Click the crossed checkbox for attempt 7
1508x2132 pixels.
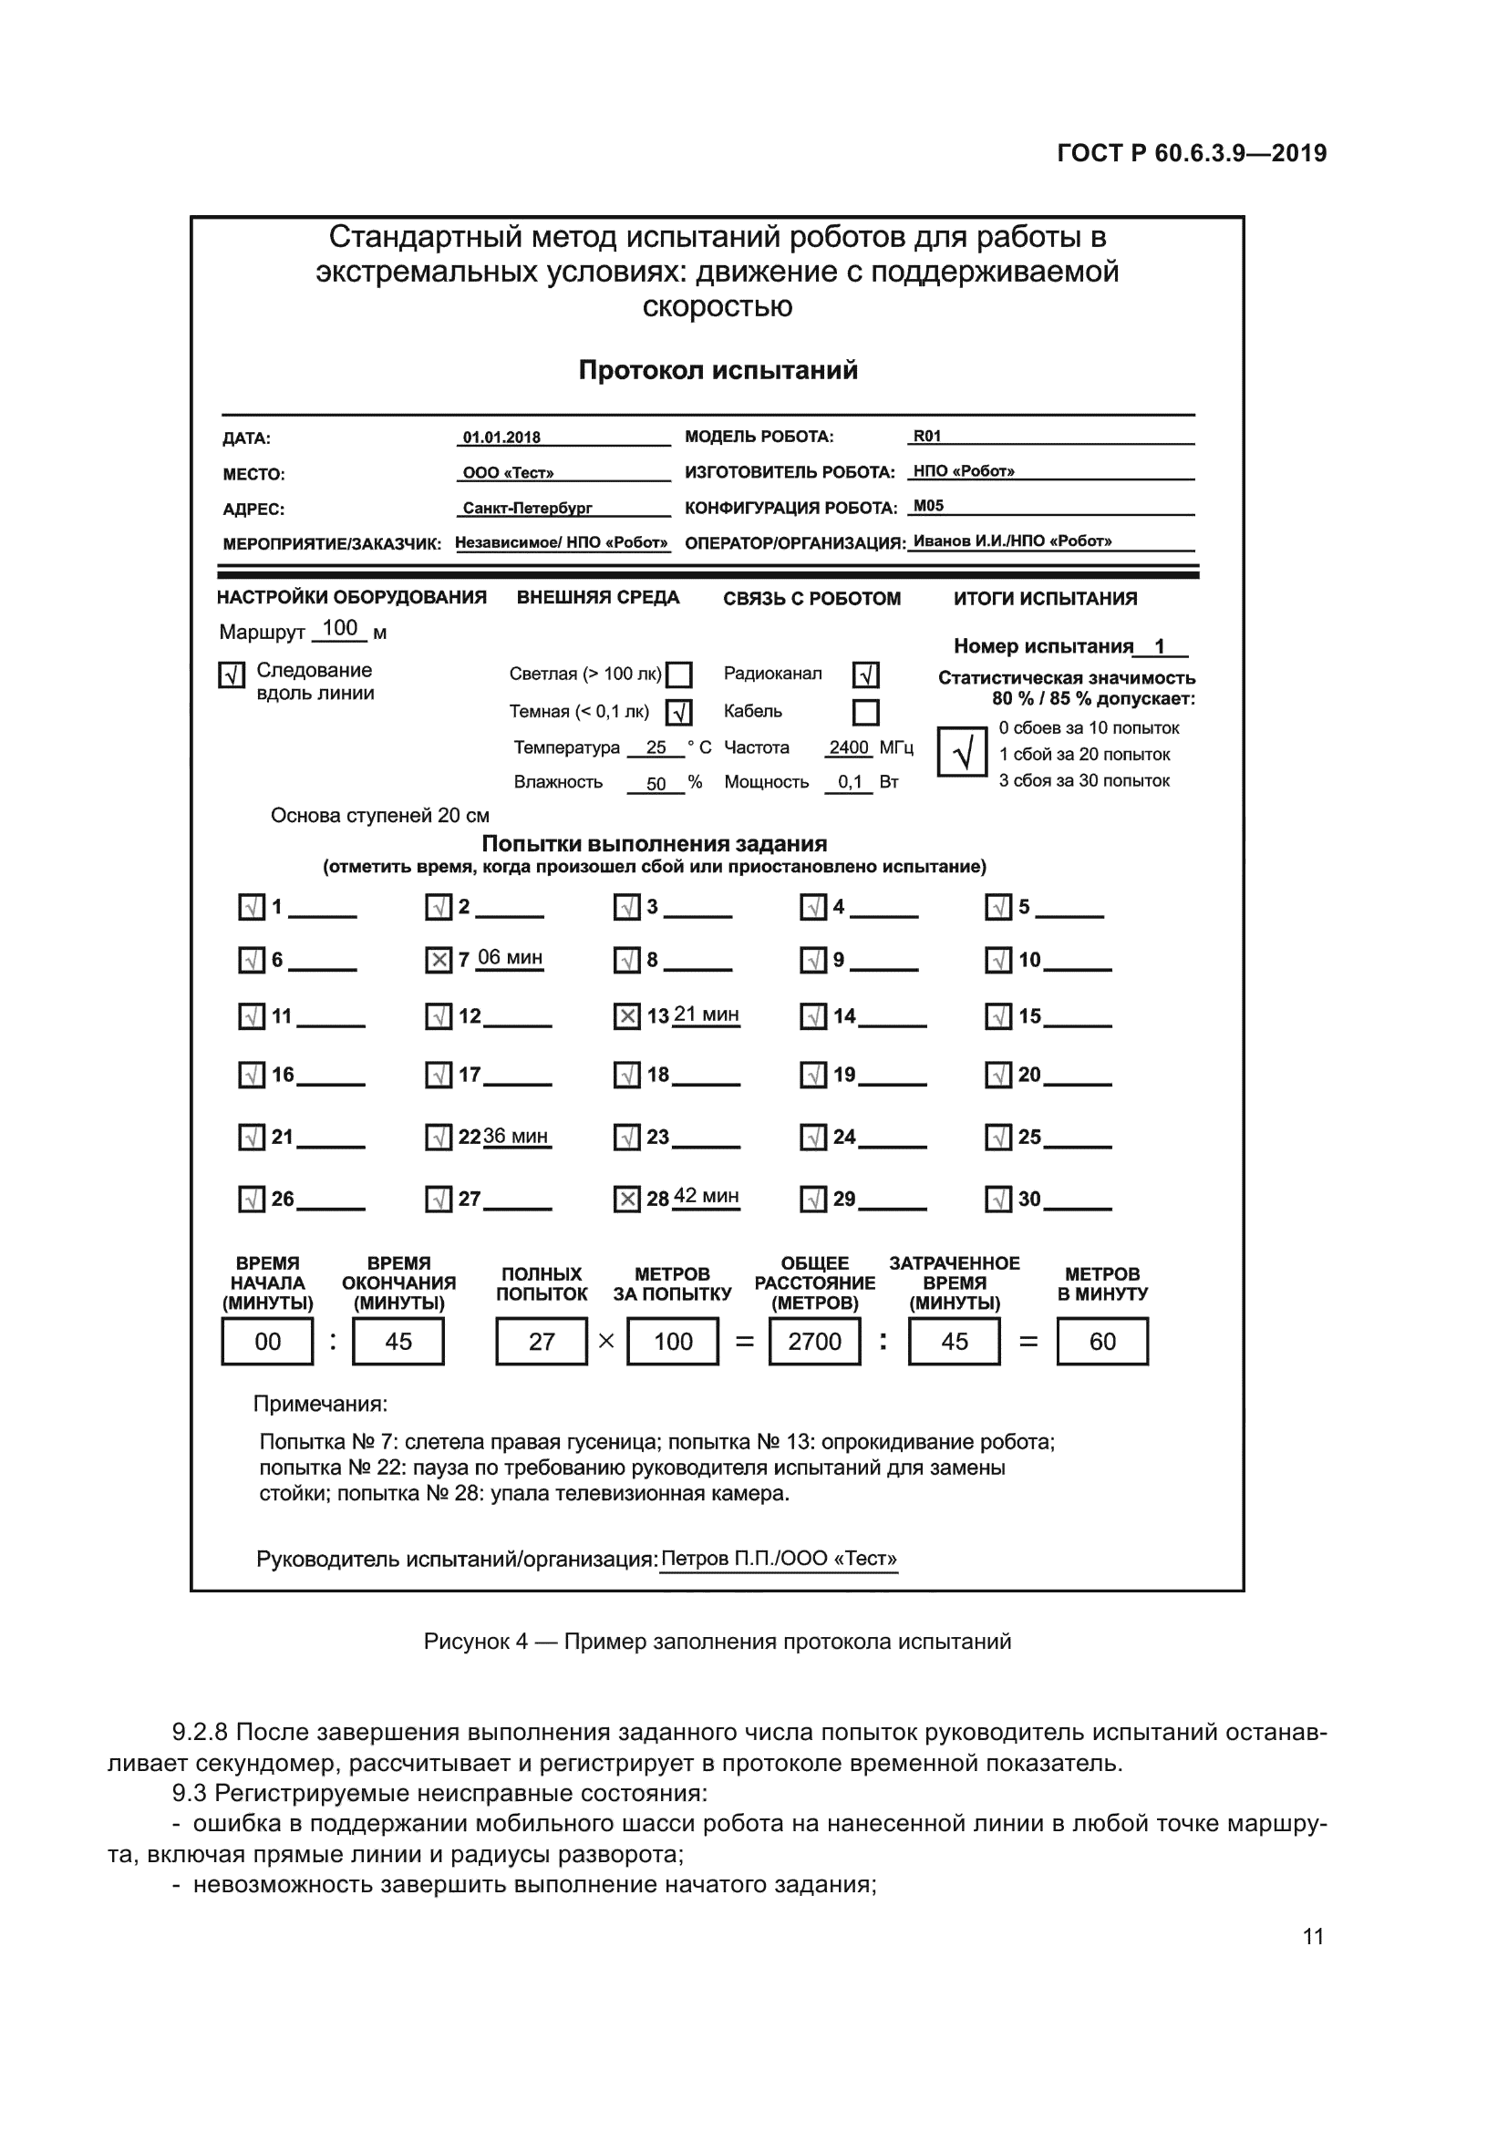point(439,960)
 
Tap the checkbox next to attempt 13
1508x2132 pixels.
point(626,1017)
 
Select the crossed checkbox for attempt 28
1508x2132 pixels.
point(626,1200)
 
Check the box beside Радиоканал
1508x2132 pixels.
point(865,675)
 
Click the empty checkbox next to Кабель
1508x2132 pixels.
point(865,712)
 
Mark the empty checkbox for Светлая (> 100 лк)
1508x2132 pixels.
point(680,675)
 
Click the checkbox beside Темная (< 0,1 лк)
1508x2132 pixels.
point(680,712)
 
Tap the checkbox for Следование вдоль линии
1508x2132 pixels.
point(232,675)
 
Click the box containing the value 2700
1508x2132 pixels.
point(814,1342)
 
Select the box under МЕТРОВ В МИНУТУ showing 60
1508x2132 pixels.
point(1102,1342)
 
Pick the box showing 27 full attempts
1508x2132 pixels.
point(542,1342)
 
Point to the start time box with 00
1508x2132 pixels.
point(267,1342)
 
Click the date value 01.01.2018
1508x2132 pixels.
point(501,438)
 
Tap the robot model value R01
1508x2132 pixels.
point(927,437)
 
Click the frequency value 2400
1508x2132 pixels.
point(849,747)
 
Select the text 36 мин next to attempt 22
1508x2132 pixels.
point(516,1137)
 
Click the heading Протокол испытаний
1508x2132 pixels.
point(718,370)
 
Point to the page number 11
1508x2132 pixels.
point(1313,1936)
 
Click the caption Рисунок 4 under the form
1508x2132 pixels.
point(717,1642)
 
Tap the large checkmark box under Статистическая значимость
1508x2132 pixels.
point(962,752)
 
